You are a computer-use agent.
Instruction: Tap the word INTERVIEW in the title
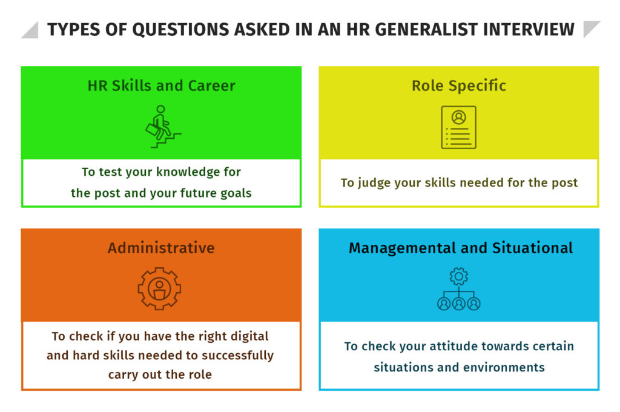(x=529, y=30)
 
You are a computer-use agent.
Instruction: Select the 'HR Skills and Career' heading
(x=161, y=85)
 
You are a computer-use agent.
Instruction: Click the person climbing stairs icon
(x=163, y=127)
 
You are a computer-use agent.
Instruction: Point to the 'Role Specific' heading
(x=459, y=85)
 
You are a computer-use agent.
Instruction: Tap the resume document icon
(x=459, y=127)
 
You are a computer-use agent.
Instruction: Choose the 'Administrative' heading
(x=161, y=248)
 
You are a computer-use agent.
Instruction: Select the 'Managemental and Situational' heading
(x=461, y=248)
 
